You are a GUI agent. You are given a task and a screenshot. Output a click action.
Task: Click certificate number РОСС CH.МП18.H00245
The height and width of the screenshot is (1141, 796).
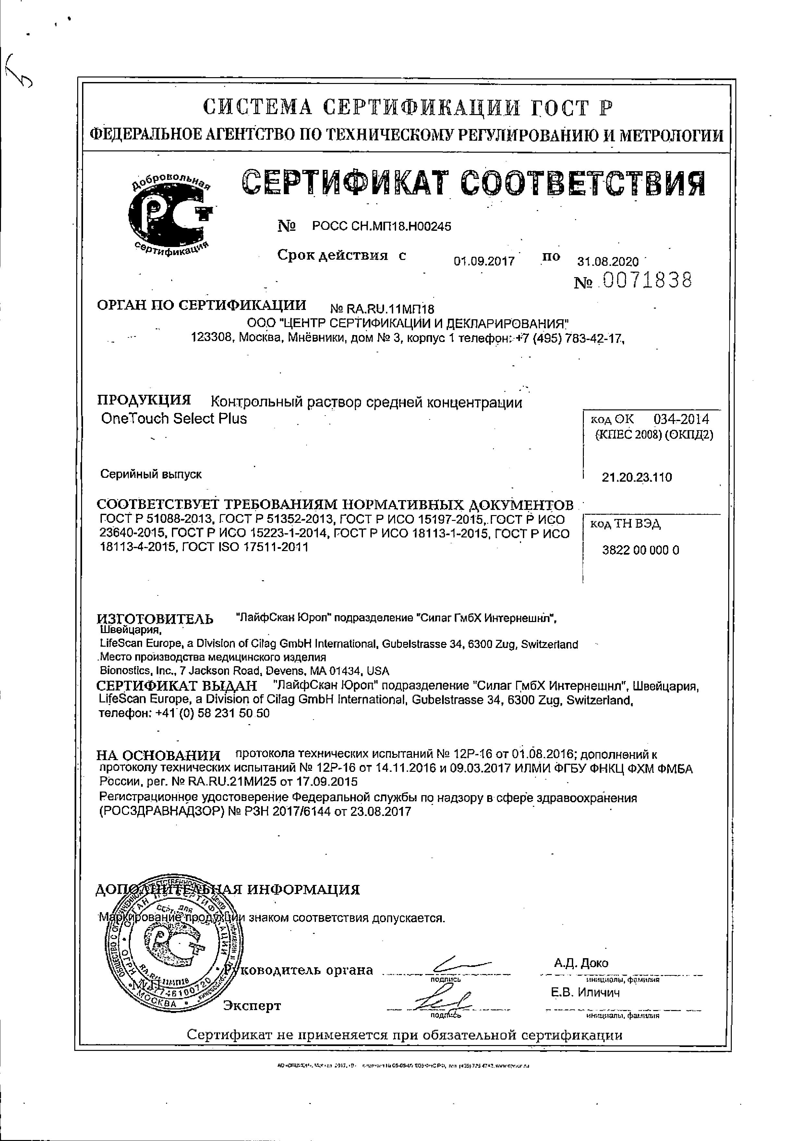click(381, 227)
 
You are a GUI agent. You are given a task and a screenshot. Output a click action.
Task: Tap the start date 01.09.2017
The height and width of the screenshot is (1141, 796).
click(483, 261)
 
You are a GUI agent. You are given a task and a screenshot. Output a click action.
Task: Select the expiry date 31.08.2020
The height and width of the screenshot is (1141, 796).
click(608, 261)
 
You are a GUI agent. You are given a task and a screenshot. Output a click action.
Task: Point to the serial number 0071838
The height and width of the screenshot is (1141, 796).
click(647, 281)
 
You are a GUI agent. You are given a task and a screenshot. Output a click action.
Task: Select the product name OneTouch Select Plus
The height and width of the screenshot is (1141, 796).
click(174, 418)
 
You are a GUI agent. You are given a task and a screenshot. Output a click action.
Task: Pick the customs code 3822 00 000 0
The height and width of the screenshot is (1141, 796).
click(640, 550)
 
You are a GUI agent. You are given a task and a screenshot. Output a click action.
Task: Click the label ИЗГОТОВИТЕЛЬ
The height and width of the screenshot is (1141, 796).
click(155, 619)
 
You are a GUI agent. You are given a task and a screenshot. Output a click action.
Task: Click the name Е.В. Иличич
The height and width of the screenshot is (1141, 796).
click(585, 993)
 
